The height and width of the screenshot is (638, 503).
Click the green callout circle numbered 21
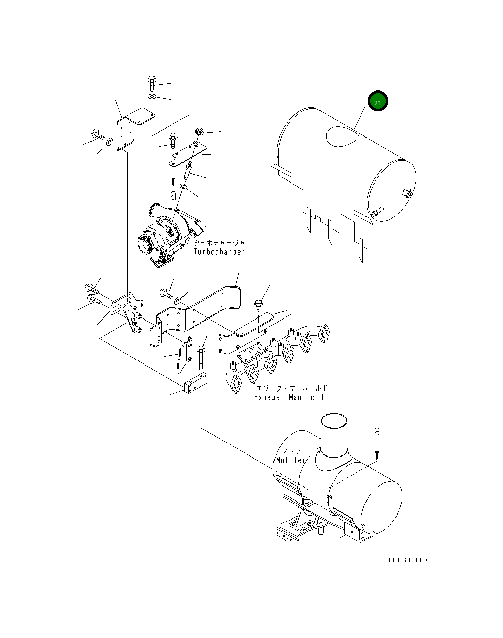coord(377,101)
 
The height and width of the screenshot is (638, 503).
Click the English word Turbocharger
coord(219,252)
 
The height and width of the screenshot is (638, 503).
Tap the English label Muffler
coord(291,460)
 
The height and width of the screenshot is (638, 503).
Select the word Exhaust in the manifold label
coord(269,397)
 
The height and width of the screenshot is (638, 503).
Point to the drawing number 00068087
coord(408,560)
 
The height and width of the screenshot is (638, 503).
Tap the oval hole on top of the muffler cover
coord(343,136)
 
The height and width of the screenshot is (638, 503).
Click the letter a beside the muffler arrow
coord(377,432)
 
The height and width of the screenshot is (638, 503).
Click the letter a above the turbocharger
coord(173,195)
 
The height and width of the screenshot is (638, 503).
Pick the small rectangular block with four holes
coord(196,384)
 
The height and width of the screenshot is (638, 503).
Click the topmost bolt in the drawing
coord(152,83)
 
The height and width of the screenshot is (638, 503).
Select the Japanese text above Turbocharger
coord(219,243)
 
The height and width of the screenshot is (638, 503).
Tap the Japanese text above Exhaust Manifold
coord(289,388)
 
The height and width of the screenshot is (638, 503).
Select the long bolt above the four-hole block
coord(201,357)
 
